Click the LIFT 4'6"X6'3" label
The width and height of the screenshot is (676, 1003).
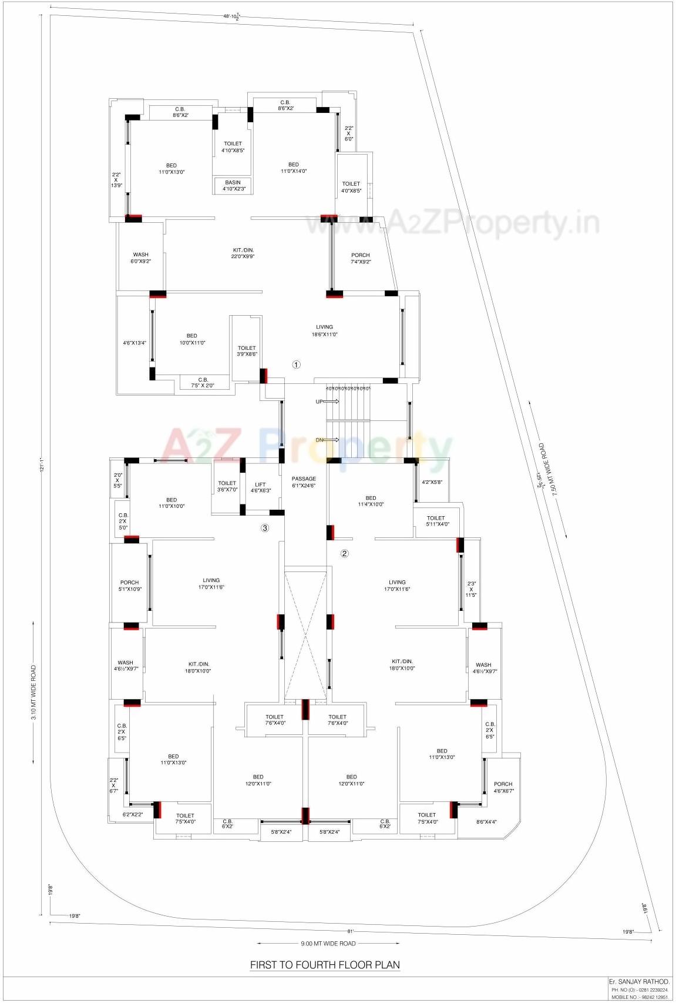coord(260,487)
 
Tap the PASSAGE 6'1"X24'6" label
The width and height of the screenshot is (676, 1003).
coord(304,482)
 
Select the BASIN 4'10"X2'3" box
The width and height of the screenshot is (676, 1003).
coord(233,185)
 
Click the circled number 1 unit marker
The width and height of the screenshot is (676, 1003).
coord(297,365)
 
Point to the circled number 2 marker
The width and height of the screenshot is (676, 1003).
coord(345,553)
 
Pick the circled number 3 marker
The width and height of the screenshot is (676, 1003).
coord(265,528)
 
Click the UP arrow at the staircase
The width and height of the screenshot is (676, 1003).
coord(332,402)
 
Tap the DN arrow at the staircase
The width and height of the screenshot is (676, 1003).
coord(332,440)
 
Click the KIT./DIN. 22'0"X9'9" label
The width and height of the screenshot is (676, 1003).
coord(243,253)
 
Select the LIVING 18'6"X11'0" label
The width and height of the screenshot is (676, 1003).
coord(324,330)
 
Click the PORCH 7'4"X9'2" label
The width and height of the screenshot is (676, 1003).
coord(361,259)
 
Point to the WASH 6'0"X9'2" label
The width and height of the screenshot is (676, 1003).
coord(140,258)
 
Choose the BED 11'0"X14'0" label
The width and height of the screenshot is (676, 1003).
coord(294,168)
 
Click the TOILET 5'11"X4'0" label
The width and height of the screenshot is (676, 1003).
coord(436,521)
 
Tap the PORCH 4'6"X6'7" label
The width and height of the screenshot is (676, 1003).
coord(503,787)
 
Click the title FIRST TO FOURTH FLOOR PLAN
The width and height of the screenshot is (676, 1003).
coord(325,965)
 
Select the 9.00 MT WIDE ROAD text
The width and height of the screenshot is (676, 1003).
coord(328,944)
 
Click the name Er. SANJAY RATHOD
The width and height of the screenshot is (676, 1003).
coord(638,982)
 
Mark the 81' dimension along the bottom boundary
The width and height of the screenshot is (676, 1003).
coord(350,931)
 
